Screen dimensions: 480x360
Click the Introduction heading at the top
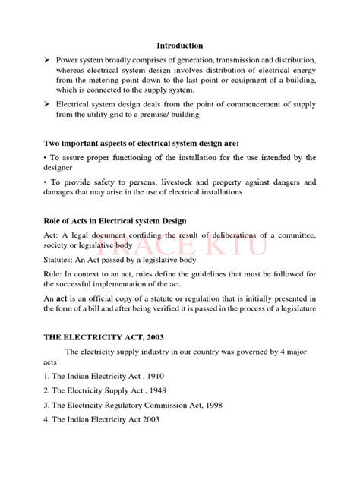[180, 46]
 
